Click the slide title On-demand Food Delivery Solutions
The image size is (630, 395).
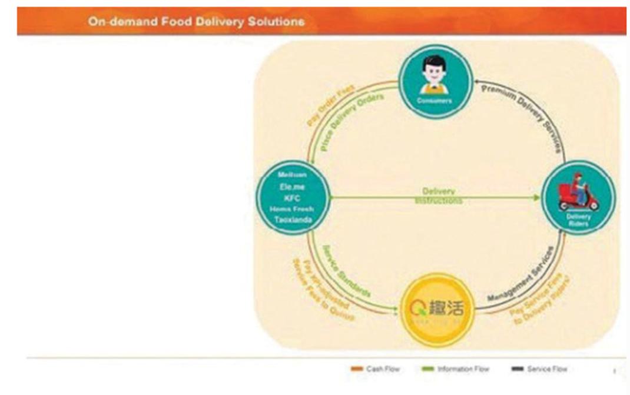pyautogui.click(x=196, y=22)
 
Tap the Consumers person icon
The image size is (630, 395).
pyautogui.click(x=434, y=74)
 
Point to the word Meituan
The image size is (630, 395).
pyautogui.click(x=291, y=175)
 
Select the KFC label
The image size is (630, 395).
pyautogui.click(x=292, y=198)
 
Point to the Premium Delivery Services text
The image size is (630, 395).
pyautogui.click(x=524, y=115)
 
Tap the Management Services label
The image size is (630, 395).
pyautogui.click(x=520, y=274)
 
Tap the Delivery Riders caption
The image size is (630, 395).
pyautogui.click(x=578, y=219)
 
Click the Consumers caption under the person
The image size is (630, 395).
pyautogui.click(x=436, y=101)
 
